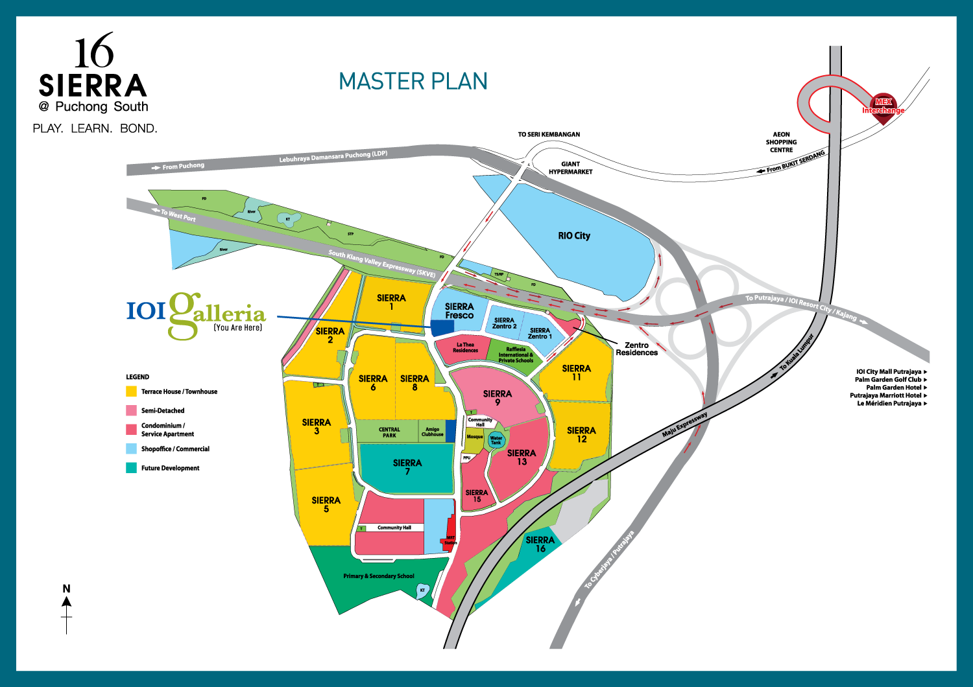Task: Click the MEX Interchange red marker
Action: tap(883, 104)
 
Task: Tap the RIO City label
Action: tap(574, 236)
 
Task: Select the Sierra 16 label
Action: tap(540, 544)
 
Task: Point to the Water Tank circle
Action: tap(496, 439)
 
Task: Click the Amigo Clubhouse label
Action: tap(432, 432)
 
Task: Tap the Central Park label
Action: tap(389, 432)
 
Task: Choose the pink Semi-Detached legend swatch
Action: tap(132, 410)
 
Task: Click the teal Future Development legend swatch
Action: tap(132, 468)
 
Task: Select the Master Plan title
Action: tap(413, 82)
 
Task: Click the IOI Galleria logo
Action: tap(196, 315)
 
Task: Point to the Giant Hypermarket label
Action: tap(570, 168)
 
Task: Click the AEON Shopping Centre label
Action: tap(781, 142)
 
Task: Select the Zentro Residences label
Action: tap(636, 349)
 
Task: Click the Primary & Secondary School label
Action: tap(379, 576)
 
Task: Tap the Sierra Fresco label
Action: tap(459, 311)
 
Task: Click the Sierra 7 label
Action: tap(407, 467)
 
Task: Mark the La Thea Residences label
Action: tap(465, 347)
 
